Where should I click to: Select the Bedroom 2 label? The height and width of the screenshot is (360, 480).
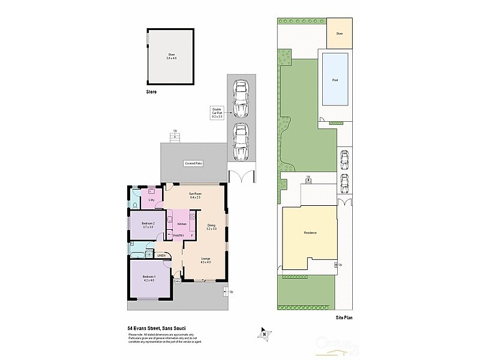point(148,225)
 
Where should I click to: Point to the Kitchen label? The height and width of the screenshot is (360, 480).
point(182,223)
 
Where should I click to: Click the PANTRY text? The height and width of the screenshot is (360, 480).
point(178,236)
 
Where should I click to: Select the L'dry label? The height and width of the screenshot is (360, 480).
point(152,199)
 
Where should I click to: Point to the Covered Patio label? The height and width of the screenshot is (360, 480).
point(193,163)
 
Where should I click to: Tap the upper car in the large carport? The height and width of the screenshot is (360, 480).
point(241,100)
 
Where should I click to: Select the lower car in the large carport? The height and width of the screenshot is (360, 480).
point(241,143)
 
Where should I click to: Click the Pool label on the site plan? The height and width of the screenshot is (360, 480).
point(335,80)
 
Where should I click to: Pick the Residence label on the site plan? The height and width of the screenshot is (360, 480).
point(310,233)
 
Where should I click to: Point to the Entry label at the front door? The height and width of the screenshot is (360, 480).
point(177,281)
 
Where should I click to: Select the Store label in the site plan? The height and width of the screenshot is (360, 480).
point(339,34)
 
